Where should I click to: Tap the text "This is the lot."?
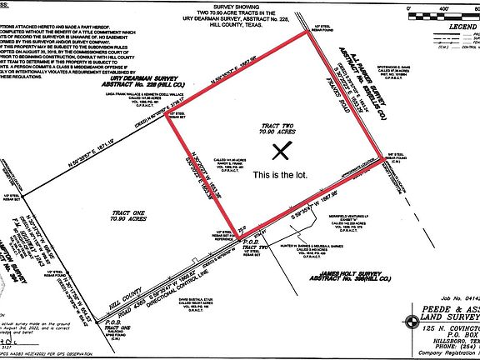coord(282,176)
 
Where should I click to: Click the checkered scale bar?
coord(440,14)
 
